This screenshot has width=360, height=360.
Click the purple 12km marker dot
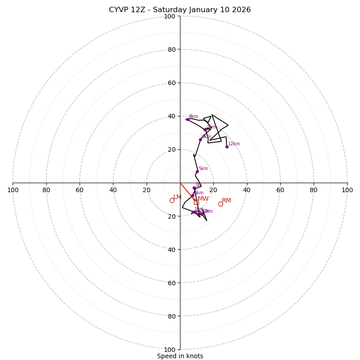[227, 147]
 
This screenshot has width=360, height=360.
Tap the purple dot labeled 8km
[188, 119]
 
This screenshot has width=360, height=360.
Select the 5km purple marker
[197, 171]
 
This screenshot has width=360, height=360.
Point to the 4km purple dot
[193, 196]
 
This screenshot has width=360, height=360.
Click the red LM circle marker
[172, 200]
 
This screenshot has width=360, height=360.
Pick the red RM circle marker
[220, 204]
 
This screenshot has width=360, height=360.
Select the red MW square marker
[196, 202]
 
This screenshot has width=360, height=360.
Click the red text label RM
[226, 200]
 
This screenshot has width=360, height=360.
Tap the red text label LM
[177, 197]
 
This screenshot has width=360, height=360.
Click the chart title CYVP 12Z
[180, 10]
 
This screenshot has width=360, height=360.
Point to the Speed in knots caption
[180, 356]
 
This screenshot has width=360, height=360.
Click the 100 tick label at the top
[170, 16]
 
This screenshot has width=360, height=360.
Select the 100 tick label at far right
[347, 190]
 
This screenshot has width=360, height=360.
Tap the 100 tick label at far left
[13, 190]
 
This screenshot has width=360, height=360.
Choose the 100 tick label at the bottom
[170, 350]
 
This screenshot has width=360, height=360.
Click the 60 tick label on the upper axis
[171, 83]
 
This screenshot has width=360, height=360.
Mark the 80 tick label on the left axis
[46, 190]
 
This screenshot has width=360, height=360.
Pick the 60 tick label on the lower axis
[171, 283]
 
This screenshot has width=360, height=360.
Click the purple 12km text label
[234, 144]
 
